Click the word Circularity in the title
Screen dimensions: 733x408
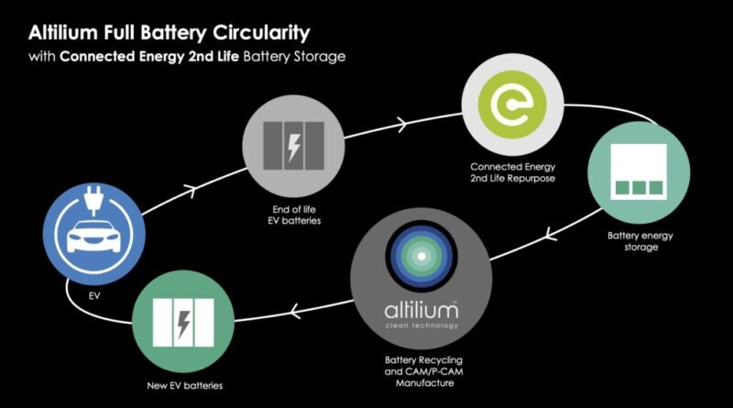[x=261, y=33]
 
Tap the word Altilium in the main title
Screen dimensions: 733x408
[x=62, y=33]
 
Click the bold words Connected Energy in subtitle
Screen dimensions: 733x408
[x=122, y=57]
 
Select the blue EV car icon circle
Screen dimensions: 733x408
[x=94, y=234]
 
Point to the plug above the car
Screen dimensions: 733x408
[x=94, y=200]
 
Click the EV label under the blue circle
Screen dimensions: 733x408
[x=94, y=296]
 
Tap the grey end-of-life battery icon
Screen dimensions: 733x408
[x=293, y=146]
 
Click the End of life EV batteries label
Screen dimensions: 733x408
[x=294, y=215]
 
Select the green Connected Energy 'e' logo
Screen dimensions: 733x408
[x=512, y=105]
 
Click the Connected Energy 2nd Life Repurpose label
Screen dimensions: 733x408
[x=513, y=172]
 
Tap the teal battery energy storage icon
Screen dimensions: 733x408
[x=639, y=172]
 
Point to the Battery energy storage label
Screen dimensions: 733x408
[x=640, y=241]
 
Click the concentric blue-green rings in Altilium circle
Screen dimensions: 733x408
[x=421, y=256]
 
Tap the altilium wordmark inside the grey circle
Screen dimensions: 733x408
[x=421, y=310]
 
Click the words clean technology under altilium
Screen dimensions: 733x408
[x=421, y=325]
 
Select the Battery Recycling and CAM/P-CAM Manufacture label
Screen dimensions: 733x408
[x=424, y=371]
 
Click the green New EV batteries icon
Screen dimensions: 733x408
[x=183, y=322]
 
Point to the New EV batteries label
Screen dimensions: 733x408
[x=185, y=386]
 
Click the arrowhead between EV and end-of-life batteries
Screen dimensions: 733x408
[x=191, y=190]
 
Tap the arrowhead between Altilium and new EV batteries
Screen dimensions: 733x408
[x=294, y=311]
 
